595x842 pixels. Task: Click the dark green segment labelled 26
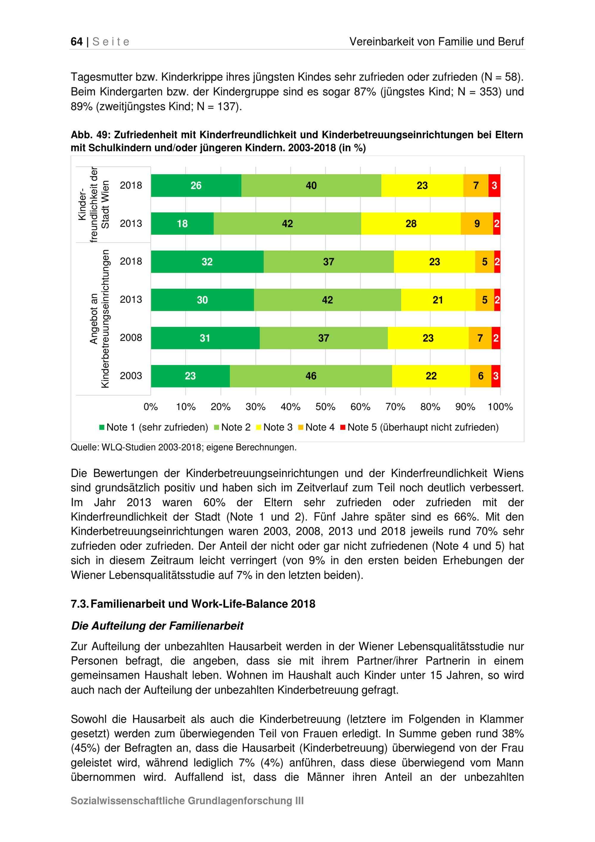pyautogui.click(x=196, y=185)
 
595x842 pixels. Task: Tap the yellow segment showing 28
pyautogui.click(x=411, y=224)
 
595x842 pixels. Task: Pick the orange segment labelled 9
pyautogui.click(x=477, y=224)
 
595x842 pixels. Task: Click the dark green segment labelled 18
pyautogui.click(x=182, y=224)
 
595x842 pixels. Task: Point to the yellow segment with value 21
pyautogui.click(x=438, y=300)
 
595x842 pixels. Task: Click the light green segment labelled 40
pyautogui.click(x=311, y=185)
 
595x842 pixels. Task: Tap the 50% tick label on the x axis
pyautogui.click(x=325, y=407)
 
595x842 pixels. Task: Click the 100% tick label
pyautogui.click(x=500, y=407)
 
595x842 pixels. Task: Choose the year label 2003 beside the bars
pyautogui.click(x=131, y=376)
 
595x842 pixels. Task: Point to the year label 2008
pyautogui.click(x=131, y=338)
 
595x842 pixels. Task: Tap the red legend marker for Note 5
pyautogui.click(x=343, y=427)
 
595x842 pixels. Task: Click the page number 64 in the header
pyautogui.click(x=76, y=42)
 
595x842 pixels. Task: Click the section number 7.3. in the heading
pyautogui.click(x=79, y=604)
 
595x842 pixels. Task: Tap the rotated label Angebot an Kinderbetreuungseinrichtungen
pyautogui.click(x=100, y=318)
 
